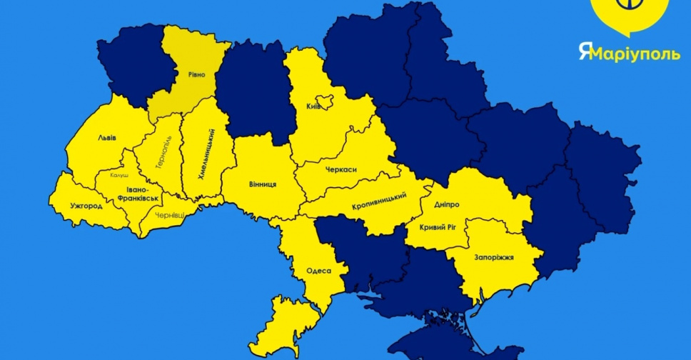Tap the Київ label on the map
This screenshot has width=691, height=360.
pos(313,106)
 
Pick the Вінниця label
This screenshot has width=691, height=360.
pos(263,184)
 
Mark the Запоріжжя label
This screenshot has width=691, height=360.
pos(494,256)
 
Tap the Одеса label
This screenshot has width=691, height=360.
pos(319,270)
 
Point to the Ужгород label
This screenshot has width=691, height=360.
pos(86,206)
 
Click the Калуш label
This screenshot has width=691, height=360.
pos(120,175)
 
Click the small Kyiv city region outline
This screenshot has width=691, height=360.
pos(322,101)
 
